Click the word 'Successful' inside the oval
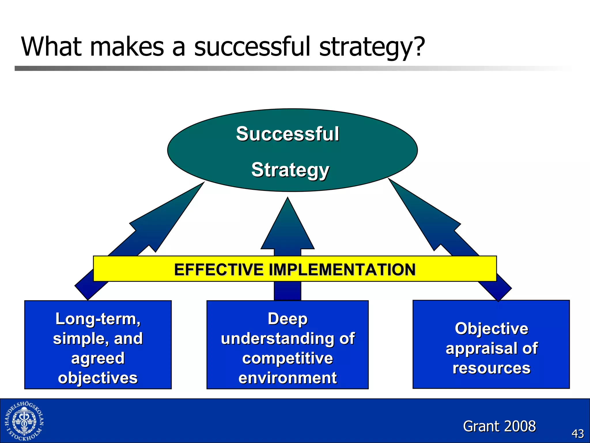click(x=287, y=134)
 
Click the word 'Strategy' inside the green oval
click(x=290, y=170)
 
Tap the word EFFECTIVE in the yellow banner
click(x=219, y=270)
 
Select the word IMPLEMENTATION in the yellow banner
click(x=342, y=270)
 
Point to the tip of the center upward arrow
click(x=288, y=199)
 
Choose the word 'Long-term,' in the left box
click(x=98, y=319)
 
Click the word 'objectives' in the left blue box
click(x=98, y=378)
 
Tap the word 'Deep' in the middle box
click(x=288, y=319)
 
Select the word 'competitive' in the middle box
click(x=288, y=358)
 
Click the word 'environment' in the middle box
click(x=288, y=378)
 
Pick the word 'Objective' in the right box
click(x=491, y=329)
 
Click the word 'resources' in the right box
click(x=491, y=368)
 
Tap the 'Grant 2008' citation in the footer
click(x=499, y=426)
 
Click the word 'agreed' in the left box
click(x=98, y=358)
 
